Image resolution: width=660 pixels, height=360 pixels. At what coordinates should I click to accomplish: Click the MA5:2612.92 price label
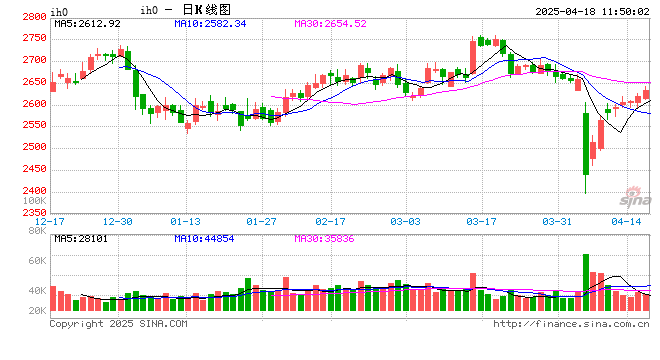pyautogui.click(x=87, y=23)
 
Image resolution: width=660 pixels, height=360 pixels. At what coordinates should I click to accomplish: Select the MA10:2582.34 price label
pyautogui.click(x=210, y=23)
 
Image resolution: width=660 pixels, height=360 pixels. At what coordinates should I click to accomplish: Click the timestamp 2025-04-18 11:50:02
pyautogui.click(x=585, y=10)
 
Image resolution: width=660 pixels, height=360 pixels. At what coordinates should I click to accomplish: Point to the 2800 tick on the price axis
pyautogui.click(x=32, y=17)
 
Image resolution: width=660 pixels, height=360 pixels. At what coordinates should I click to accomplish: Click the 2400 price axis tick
pyautogui.click(x=32, y=191)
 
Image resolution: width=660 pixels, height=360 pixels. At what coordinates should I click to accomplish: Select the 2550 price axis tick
pyautogui.click(x=32, y=126)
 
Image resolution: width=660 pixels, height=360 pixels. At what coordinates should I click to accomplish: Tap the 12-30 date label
pyautogui.click(x=119, y=221)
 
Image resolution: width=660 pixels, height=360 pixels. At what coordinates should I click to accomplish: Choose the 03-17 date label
pyautogui.click(x=482, y=221)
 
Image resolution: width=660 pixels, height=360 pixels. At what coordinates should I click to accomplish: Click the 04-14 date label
pyautogui.click(x=626, y=221)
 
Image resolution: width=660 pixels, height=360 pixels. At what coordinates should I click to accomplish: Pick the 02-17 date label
pyautogui.click(x=330, y=221)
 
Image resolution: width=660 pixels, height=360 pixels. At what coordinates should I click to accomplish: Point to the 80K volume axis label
pyautogui.click(x=37, y=233)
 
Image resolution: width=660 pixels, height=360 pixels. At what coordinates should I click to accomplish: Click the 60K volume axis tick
pyautogui.click(x=37, y=262)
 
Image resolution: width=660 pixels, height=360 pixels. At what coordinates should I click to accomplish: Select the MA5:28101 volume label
pyautogui.click(x=80, y=238)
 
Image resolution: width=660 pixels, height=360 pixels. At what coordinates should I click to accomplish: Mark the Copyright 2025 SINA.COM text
pyautogui.click(x=118, y=324)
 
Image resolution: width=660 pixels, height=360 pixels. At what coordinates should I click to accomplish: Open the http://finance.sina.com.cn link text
pyautogui.click(x=571, y=324)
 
